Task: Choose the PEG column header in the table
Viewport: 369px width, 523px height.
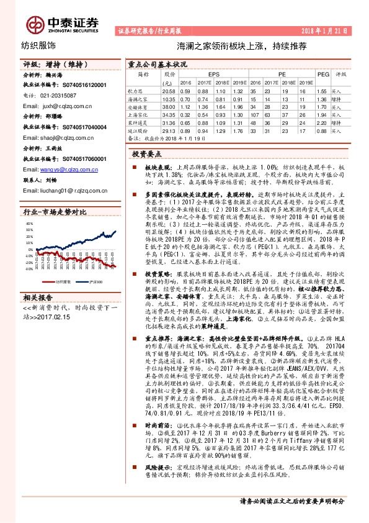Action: point(322,75)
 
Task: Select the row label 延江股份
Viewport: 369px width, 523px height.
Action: point(138,130)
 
